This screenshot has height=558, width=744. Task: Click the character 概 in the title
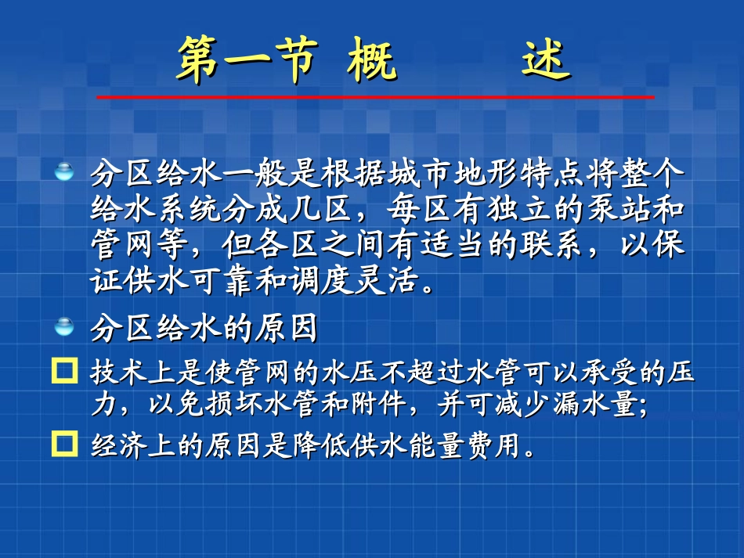point(372,60)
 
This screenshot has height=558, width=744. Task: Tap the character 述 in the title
point(546,60)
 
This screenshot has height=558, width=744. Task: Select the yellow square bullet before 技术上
point(62,370)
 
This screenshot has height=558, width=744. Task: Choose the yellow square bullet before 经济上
point(62,444)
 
